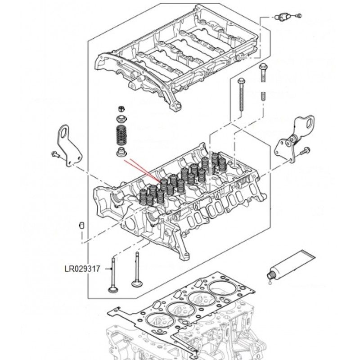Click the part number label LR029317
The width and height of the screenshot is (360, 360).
[82, 269]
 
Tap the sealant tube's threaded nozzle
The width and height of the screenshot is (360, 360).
[271, 274]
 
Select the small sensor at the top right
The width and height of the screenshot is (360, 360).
[282, 17]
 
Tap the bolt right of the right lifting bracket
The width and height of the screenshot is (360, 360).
[306, 151]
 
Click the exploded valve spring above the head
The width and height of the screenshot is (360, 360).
[121, 136]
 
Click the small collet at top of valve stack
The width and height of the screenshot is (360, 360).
[121, 108]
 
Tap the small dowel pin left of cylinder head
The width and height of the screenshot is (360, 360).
[82, 225]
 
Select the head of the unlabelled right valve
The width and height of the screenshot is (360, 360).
[137, 283]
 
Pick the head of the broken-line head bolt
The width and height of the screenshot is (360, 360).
[263, 67]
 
